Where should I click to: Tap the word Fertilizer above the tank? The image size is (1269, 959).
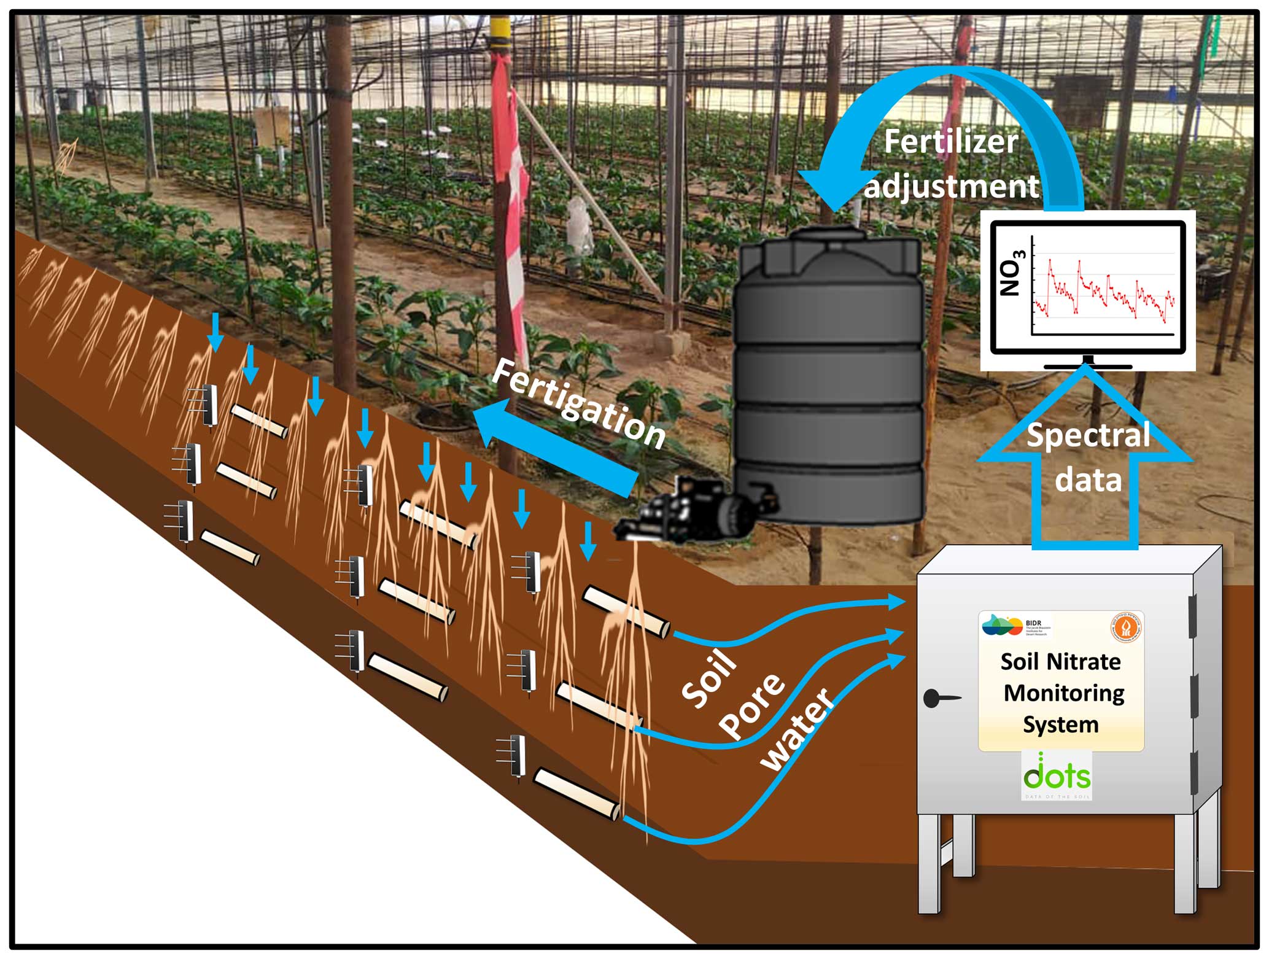[x=950, y=142]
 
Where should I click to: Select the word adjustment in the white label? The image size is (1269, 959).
[x=952, y=186]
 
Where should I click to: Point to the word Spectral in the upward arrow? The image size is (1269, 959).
[x=1089, y=435]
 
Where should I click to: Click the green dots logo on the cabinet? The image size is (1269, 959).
[x=1057, y=774]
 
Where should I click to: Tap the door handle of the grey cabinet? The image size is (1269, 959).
[x=939, y=697]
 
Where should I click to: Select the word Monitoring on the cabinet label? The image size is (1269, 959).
[x=1063, y=693]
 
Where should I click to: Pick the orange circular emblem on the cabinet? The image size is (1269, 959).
[x=1126, y=627]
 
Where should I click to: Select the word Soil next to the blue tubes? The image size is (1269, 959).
[x=709, y=678]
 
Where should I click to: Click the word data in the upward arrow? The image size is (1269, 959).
[x=1089, y=479]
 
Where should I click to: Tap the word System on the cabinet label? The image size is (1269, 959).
[x=1060, y=725]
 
